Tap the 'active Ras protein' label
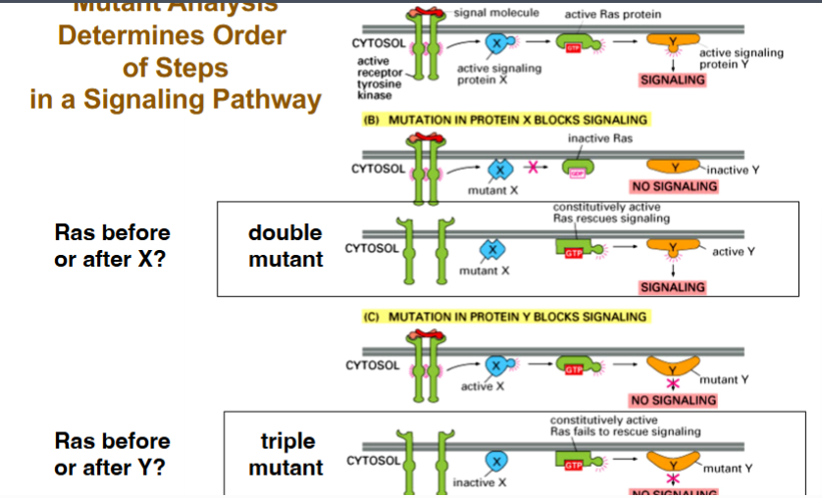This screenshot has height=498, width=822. tap(613, 15)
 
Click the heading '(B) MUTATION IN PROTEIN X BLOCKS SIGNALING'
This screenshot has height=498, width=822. tap(505, 120)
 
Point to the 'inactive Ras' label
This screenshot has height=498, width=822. tap(600, 138)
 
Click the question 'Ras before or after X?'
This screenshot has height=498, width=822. tap(113, 246)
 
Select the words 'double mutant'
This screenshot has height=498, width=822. tap(285, 246)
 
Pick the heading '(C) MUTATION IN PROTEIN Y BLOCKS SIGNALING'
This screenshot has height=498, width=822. tap(505, 317)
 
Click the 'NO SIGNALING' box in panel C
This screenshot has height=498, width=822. tap(673, 400)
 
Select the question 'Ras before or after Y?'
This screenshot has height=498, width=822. tap(113, 454)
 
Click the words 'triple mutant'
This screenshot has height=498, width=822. tap(285, 455)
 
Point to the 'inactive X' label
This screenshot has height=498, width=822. tap(481, 483)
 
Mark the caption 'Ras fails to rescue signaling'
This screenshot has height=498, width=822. tap(625, 431)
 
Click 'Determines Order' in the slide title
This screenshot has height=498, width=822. tap(172, 36)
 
